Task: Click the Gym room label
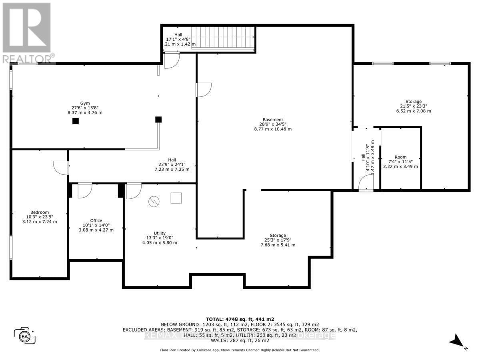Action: [84, 108]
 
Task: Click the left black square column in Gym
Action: [75, 121]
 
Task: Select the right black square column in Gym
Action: [158, 119]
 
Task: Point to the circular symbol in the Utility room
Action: [154, 202]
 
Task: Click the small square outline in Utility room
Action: [176, 198]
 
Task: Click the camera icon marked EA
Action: [24, 336]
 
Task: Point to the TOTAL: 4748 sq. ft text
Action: [240, 319]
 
